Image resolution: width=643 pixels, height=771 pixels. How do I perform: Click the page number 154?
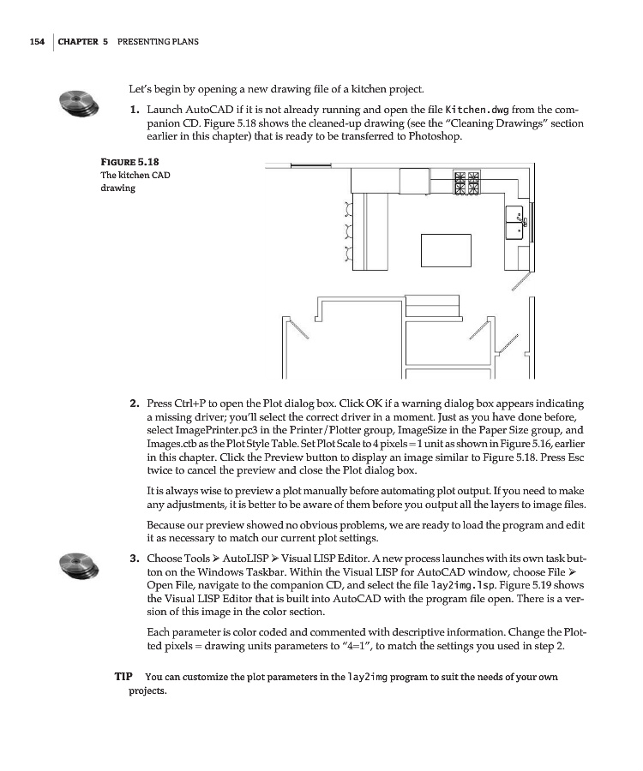point(36,41)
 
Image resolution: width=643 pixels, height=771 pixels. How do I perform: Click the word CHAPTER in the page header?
point(79,41)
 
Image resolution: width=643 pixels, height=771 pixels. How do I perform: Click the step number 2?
point(135,403)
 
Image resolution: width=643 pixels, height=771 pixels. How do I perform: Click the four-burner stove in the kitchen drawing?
point(471,182)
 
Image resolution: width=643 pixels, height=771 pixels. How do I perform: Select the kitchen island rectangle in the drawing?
point(446,248)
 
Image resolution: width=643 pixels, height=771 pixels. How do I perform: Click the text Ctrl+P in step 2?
point(184,403)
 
